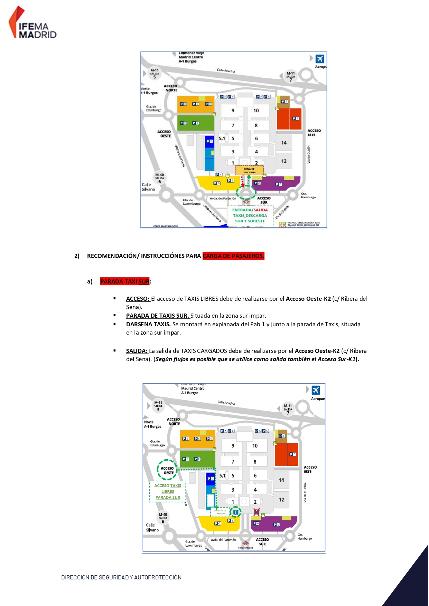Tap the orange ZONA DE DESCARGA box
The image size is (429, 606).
[249, 170]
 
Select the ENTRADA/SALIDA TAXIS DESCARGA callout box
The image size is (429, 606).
[250, 215]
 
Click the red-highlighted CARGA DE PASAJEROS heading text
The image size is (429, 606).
[233, 256]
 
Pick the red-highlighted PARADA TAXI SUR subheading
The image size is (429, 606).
[125, 281]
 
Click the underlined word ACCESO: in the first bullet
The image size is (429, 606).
[138, 299]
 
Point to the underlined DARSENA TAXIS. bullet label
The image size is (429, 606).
[148, 324]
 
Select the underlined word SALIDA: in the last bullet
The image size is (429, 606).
[137, 351]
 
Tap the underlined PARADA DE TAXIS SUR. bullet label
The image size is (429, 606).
[157, 316]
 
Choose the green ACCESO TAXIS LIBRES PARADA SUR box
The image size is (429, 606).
[168, 491]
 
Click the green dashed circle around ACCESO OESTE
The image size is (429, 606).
[167, 470]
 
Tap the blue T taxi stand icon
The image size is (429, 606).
[236, 512]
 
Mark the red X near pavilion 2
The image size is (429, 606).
[257, 512]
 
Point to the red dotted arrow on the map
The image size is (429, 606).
[242, 181]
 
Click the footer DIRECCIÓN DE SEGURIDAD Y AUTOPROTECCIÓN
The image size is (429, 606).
[121, 577]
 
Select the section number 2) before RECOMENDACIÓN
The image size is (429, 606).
[77, 256]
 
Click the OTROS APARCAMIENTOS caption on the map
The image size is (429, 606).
[166, 226]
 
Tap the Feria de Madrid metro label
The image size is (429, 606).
[245, 548]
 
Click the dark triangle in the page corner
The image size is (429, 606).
[411, 584]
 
